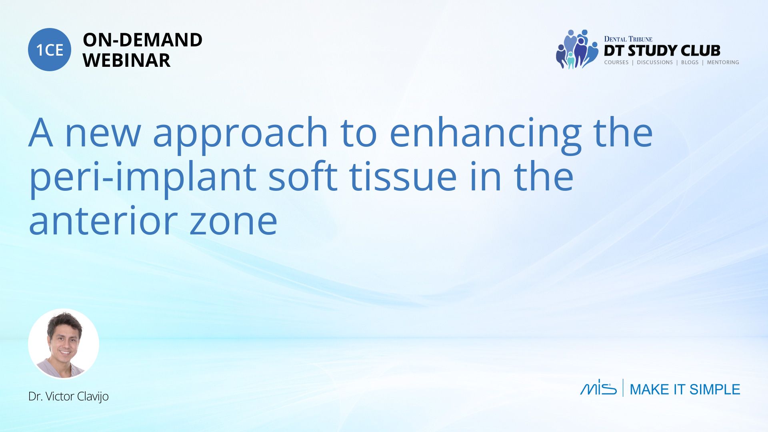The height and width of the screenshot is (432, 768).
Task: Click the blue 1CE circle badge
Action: point(50,50)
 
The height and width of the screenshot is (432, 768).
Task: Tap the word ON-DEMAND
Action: point(142,40)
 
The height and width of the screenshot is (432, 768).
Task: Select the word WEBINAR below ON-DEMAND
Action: point(126,60)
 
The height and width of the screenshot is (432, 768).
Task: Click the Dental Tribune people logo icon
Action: point(576,49)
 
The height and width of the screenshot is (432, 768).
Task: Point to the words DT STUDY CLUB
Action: point(662,50)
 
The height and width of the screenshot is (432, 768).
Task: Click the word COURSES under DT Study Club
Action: point(616,62)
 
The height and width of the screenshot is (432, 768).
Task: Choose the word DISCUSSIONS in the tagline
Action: point(655,62)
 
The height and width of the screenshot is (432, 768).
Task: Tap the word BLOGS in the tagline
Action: point(690,62)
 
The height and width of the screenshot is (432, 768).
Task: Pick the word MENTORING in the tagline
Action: point(723,62)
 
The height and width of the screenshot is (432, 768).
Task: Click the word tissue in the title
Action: point(403,177)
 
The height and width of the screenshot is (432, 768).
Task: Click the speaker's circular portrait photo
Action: point(64,344)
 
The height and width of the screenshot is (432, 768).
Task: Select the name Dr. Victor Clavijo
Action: point(68,396)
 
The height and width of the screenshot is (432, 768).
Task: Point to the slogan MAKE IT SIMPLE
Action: point(685,389)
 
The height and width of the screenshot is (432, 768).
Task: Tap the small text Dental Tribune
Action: point(628,39)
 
